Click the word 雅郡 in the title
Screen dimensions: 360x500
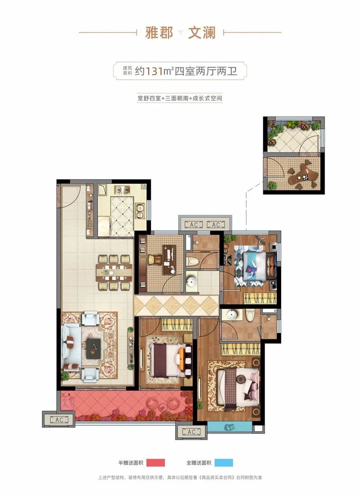click(159, 32)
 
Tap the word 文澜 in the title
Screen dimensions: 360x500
click(202, 32)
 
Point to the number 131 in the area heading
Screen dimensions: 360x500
click(154, 71)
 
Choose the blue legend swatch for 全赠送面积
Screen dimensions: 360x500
click(224, 463)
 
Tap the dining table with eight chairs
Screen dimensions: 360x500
click(114, 272)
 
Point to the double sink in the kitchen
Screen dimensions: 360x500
click(140, 211)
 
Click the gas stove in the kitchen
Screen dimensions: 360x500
click(122, 189)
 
